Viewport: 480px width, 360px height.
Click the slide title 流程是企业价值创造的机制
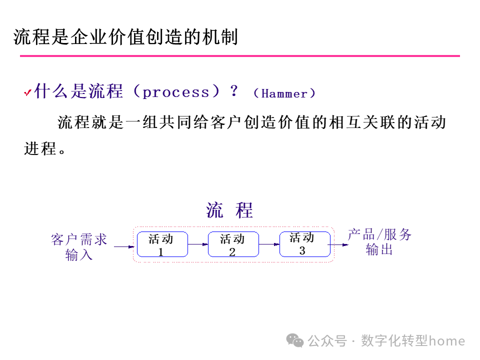click(x=125, y=37)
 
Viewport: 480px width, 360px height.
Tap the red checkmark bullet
click(x=28, y=93)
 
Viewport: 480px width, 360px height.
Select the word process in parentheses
click(x=176, y=92)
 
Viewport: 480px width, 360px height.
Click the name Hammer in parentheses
click(x=284, y=93)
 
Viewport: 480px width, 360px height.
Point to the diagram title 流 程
click(x=229, y=210)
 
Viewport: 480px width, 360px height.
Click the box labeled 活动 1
click(x=162, y=244)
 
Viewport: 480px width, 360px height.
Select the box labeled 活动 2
click(x=233, y=244)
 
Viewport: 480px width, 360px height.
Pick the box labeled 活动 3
click(x=304, y=244)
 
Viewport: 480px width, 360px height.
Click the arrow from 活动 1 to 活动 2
click(x=198, y=244)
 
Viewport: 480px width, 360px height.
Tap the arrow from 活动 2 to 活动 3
click(x=269, y=244)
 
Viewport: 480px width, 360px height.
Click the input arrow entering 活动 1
click(x=125, y=246)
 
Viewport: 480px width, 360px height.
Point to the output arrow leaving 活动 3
click(x=340, y=245)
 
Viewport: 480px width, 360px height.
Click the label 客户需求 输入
click(x=79, y=247)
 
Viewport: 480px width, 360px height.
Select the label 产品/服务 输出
click(x=379, y=242)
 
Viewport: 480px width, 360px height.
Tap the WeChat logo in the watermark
click(x=295, y=341)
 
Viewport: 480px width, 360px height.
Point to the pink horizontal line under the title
click(x=240, y=56)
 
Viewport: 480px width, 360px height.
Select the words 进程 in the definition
click(x=40, y=148)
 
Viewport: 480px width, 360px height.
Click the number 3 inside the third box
click(x=302, y=250)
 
